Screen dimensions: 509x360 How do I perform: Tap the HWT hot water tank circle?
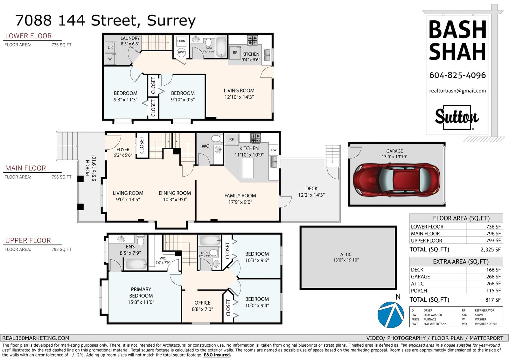point(181,53)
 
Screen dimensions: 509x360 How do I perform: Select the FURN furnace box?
point(181,41)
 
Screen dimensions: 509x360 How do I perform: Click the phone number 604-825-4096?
point(457,75)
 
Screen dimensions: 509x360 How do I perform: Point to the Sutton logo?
point(457,117)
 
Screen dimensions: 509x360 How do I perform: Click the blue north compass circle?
point(391,315)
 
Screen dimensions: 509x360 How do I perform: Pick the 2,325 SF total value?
point(491,250)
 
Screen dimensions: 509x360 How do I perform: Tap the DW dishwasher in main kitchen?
point(274,150)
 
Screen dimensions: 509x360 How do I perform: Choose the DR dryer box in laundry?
point(110,47)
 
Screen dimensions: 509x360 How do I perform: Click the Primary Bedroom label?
point(141,293)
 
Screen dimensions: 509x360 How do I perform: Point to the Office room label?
point(202,303)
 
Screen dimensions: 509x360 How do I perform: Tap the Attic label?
point(346,254)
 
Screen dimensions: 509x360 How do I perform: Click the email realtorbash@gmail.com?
point(457,91)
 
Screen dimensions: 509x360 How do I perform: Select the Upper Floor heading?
point(28,240)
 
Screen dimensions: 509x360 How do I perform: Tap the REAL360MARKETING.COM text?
point(36,338)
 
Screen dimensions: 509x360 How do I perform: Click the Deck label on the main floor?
point(311,188)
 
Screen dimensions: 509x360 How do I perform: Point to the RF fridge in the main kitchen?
point(231,139)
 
